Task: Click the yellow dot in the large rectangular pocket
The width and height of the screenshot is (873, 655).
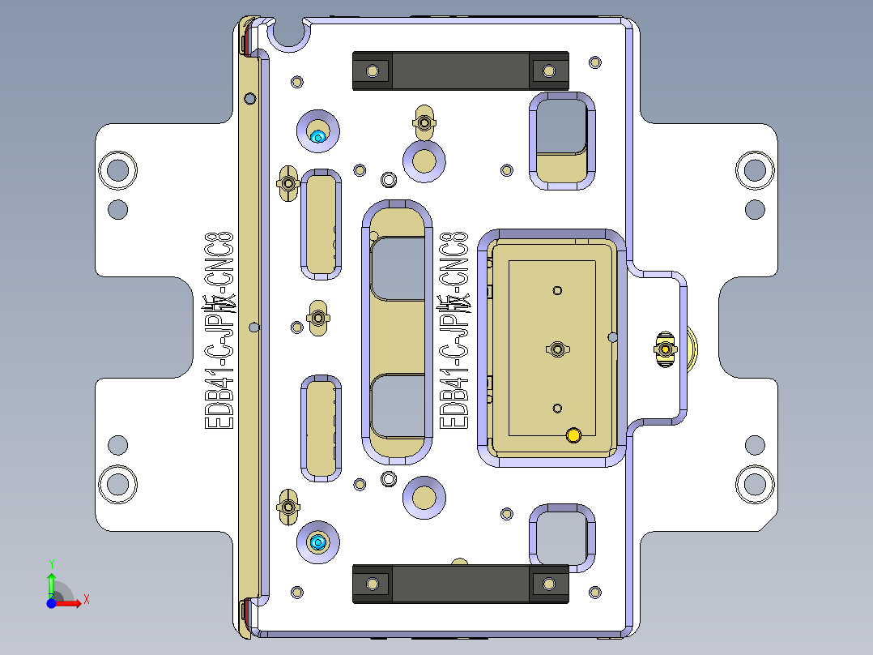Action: [x=574, y=436]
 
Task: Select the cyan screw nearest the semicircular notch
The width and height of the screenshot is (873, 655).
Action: [x=318, y=136]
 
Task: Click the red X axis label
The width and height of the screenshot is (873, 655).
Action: [x=86, y=599]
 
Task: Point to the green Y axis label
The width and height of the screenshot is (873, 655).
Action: [x=51, y=563]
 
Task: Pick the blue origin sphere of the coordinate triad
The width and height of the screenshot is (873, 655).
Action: [x=51, y=603]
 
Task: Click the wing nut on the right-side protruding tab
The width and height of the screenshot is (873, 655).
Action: [x=665, y=349]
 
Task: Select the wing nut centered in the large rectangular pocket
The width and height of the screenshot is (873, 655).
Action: [x=557, y=349]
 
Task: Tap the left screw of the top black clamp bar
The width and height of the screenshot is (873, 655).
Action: [x=373, y=71]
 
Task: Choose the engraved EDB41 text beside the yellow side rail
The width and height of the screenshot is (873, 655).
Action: [x=219, y=329]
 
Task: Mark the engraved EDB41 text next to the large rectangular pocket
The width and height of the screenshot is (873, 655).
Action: [x=453, y=329]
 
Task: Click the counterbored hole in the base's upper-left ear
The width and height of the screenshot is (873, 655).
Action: [x=117, y=170]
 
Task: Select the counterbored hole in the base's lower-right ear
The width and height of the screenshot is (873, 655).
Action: [x=755, y=484]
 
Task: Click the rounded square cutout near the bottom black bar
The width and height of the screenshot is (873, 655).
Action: [x=560, y=535]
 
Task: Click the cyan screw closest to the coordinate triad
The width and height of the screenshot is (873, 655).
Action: [x=317, y=542]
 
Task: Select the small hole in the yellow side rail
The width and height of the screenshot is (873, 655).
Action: [x=253, y=327]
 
